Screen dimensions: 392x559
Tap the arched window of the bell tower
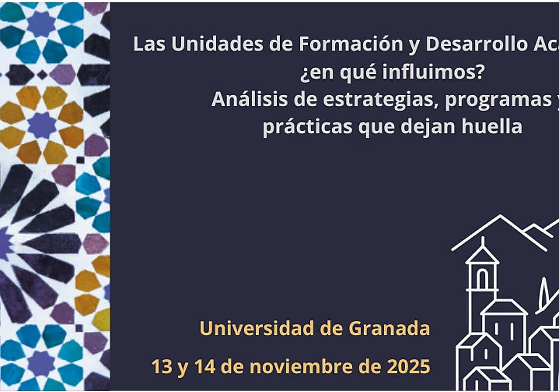point(482,280)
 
